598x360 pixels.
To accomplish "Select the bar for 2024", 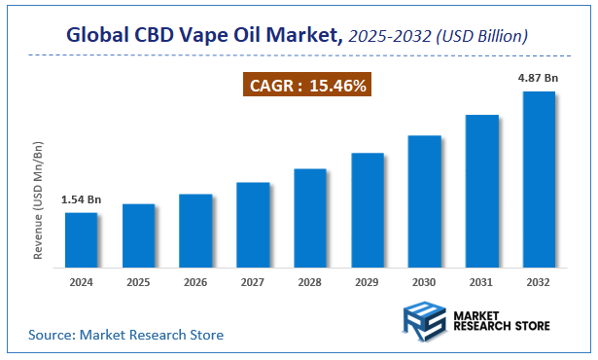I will (81, 239).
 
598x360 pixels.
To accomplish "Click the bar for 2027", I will (253, 225).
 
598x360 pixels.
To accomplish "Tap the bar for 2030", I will (425, 200).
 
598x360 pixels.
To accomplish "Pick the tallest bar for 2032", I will (539, 179).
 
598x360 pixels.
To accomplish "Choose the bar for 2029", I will (368, 209).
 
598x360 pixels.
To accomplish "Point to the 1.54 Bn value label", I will (81, 200).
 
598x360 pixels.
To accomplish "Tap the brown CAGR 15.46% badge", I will (306, 87).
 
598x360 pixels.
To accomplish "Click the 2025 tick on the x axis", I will (138, 282).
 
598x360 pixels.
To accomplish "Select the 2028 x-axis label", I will (310, 282).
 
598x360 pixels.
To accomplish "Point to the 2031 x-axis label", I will (482, 282).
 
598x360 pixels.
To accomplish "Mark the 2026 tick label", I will (195, 282).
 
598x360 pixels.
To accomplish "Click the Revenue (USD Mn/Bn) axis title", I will (40, 200).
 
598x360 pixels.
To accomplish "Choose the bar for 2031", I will (482, 191).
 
